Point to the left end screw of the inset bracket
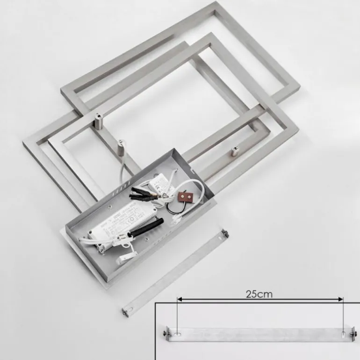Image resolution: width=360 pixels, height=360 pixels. pyautogui.click(x=166, y=333)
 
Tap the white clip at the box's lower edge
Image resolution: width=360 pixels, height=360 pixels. pyautogui.click(x=126, y=254)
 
